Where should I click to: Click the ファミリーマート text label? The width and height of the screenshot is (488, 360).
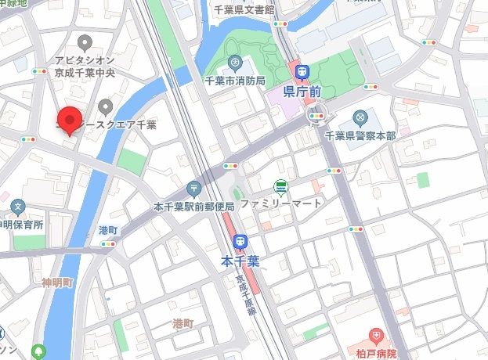click(281, 203)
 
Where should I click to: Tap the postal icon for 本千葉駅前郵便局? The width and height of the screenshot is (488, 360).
click(194, 189)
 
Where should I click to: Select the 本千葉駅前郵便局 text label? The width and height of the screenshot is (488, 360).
click(193, 207)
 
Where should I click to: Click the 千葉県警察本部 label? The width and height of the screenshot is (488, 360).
click(360, 135)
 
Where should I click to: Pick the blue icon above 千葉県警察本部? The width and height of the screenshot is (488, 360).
click(360, 118)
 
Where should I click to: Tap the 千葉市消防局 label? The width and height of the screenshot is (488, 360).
click(234, 81)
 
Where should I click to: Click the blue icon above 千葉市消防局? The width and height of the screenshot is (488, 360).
click(233, 63)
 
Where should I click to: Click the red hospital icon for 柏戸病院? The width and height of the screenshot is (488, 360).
click(376, 337)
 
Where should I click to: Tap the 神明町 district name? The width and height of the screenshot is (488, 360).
click(57, 281)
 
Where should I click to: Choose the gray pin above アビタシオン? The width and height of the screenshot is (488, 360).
click(85, 41)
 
